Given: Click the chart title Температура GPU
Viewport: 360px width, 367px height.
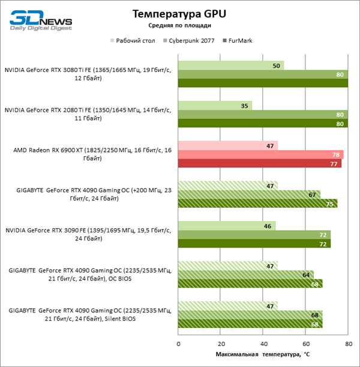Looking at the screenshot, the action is [x=179, y=14].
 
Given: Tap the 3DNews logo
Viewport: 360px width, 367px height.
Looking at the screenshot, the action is [x=41, y=20].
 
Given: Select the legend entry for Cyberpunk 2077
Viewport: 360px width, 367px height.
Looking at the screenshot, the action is [x=189, y=41].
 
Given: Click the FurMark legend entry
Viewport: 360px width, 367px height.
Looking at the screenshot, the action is [x=238, y=41].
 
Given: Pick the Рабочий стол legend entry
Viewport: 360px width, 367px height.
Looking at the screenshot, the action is [x=133, y=41].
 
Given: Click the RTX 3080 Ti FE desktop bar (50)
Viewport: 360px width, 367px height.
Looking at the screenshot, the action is [x=231, y=65].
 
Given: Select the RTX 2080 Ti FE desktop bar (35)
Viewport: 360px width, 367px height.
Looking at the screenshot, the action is [x=215, y=106].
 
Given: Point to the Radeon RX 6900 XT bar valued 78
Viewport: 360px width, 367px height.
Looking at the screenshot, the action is [x=261, y=155].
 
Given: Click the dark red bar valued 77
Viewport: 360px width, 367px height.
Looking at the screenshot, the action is [x=260, y=163].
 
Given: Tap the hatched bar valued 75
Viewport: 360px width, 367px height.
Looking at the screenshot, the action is [x=257, y=204].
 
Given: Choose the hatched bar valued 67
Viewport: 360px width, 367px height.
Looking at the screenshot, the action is [x=249, y=195].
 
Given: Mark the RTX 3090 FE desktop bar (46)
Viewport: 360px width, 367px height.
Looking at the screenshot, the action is [x=227, y=226].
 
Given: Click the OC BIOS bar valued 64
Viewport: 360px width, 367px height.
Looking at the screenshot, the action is [x=246, y=274].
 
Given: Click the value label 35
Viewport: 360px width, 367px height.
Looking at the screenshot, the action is [x=244, y=106].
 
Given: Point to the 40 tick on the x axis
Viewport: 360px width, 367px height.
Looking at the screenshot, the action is [x=263, y=344].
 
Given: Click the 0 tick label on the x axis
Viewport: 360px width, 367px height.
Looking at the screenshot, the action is [x=178, y=344].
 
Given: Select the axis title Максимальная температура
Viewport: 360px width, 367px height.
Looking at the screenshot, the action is [x=263, y=354].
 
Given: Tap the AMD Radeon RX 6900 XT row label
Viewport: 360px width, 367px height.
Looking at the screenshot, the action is [x=92, y=154].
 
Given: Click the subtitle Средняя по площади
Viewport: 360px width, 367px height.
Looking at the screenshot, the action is [x=179, y=25].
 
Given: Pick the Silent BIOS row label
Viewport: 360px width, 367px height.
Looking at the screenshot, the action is [x=90, y=315].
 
